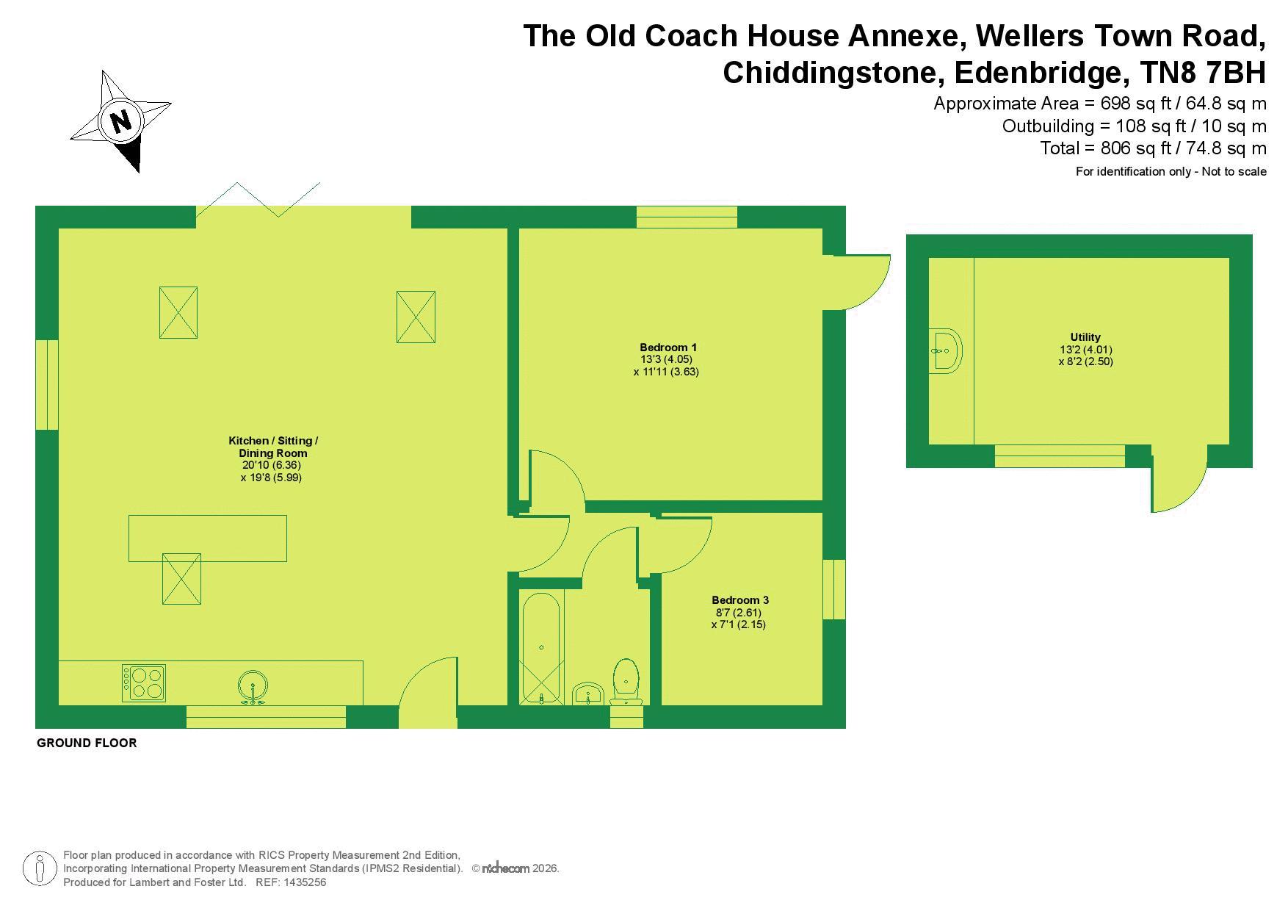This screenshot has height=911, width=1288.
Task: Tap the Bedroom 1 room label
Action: [x=668, y=348]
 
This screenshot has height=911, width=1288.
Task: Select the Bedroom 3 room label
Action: [x=740, y=600]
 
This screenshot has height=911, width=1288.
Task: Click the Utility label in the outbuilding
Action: [x=1085, y=337]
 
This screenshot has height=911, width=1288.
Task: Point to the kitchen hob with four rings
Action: [x=144, y=683]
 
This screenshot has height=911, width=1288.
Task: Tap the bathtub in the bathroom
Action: [x=541, y=649]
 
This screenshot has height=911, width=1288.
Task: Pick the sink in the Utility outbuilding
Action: [x=946, y=350]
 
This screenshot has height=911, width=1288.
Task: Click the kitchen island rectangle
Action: [x=208, y=539]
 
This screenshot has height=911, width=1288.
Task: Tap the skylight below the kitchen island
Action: [x=181, y=579]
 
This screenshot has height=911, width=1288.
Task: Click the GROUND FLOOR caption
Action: [x=87, y=743]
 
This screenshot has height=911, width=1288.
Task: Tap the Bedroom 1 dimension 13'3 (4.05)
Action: [x=667, y=359]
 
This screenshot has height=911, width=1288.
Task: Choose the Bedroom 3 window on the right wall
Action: [x=834, y=589]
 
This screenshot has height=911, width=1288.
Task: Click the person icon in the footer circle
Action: [x=40, y=869]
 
